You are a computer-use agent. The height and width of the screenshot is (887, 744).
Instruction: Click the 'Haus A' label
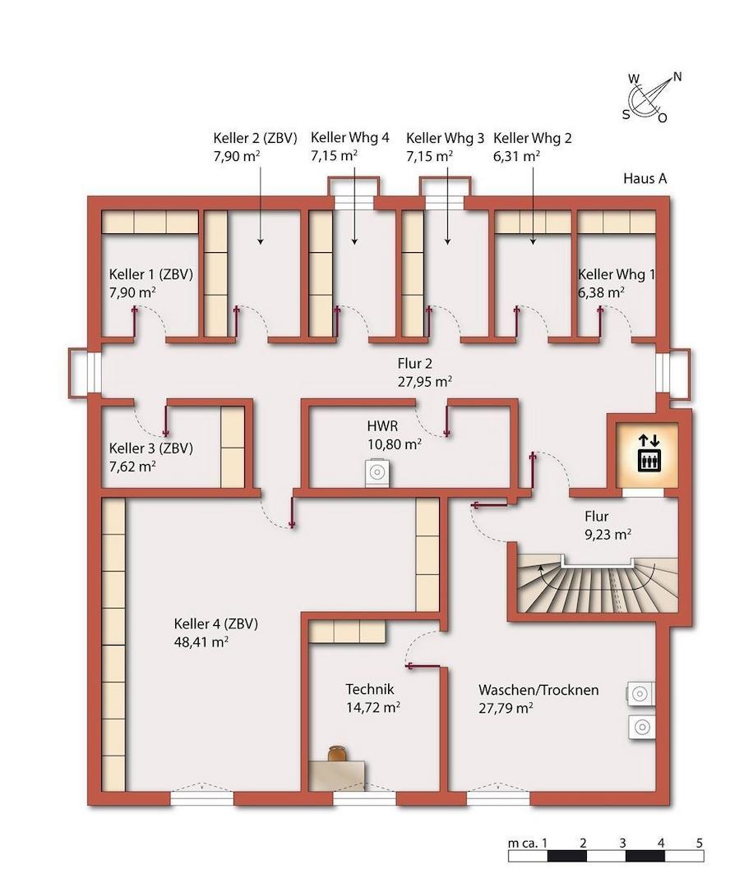click(x=645, y=178)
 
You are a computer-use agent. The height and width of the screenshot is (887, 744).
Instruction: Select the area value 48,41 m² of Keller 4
click(x=201, y=642)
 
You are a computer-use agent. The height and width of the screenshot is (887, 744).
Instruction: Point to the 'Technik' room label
click(x=370, y=690)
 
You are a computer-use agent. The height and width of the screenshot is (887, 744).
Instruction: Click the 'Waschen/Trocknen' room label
click(x=538, y=690)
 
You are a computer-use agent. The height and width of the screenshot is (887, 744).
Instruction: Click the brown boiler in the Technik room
click(x=337, y=754)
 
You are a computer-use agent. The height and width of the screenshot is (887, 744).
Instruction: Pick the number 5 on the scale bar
click(x=699, y=843)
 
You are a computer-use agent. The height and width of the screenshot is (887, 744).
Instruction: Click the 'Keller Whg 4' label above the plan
click(x=349, y=138)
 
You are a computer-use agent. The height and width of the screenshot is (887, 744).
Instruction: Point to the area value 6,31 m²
click(x=517, y=155)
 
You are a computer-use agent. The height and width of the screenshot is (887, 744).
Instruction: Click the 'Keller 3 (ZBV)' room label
click(x=150, y=448)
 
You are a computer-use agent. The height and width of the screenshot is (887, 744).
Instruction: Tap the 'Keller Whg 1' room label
click(x=617, y=274)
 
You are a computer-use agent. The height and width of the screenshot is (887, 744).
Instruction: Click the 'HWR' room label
click(x=382, y=426)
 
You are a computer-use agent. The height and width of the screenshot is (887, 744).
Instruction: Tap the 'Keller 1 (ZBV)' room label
click(x=150, y=274)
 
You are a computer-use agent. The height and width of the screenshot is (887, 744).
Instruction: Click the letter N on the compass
click(x=677, y=76)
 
